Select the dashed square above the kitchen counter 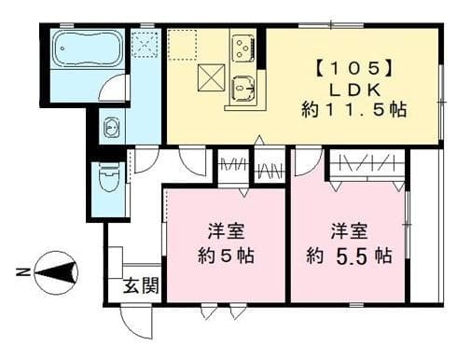pos(185,43)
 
